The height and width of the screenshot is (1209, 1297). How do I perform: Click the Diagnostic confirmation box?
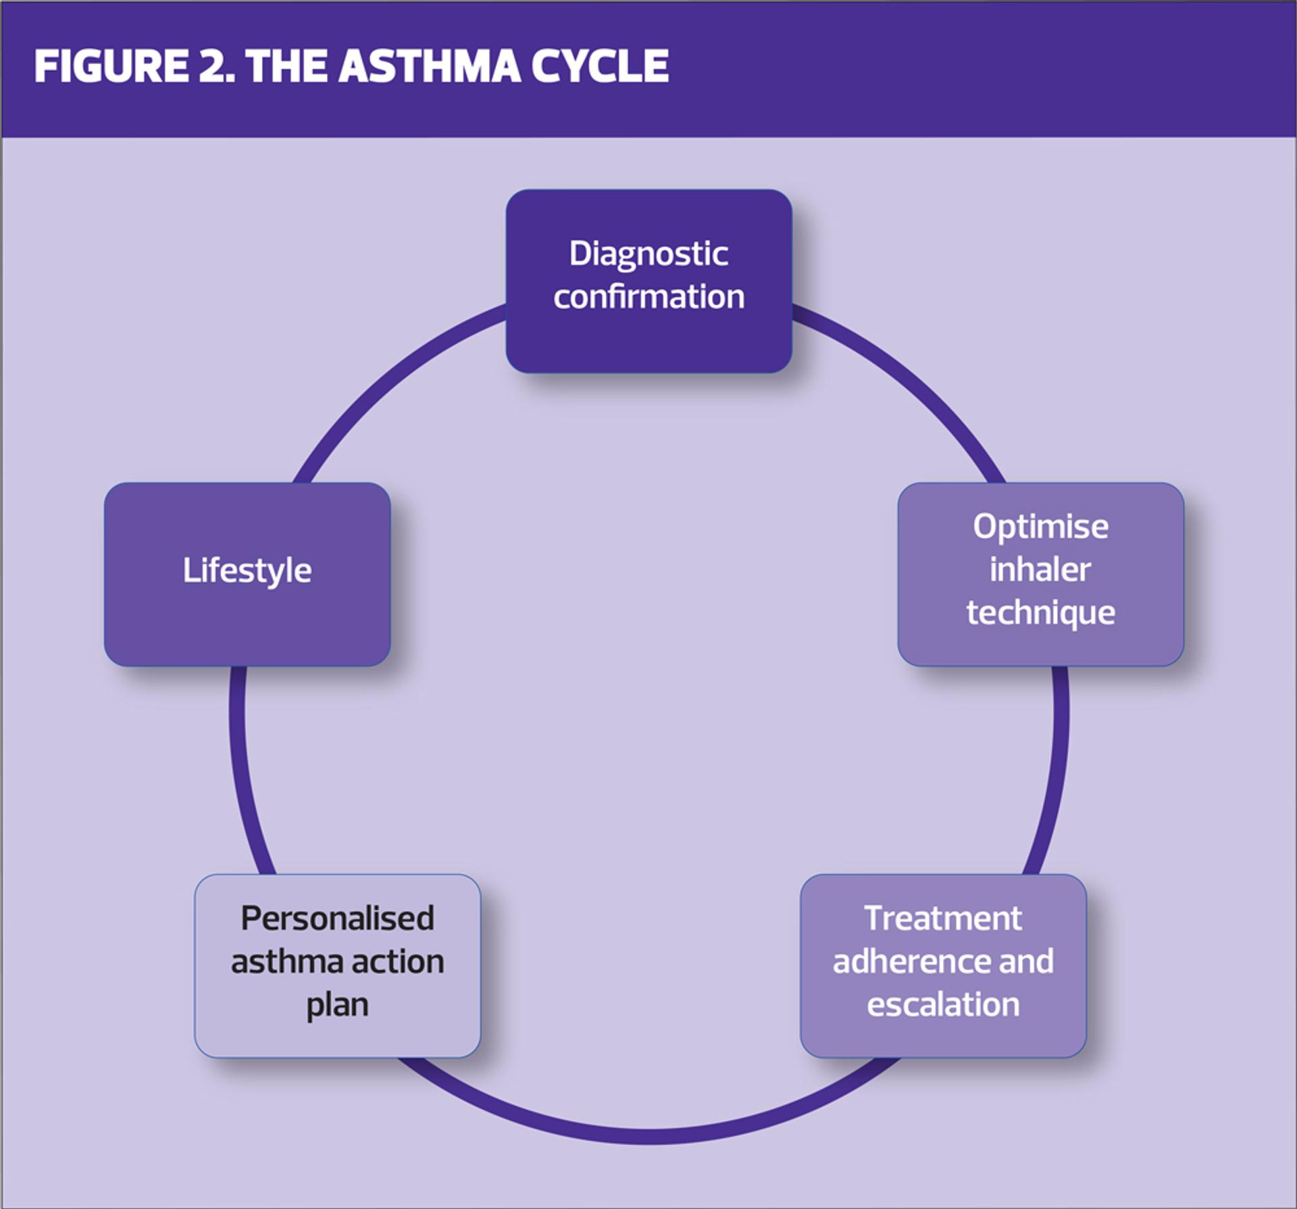point(648,281)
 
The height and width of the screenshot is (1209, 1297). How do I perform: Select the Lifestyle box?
point(247,574)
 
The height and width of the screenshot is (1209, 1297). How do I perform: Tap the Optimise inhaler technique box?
point(1040,574)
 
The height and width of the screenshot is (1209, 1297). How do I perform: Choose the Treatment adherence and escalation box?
point(943,965)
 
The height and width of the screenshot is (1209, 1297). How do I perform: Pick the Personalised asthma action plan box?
point(338,965)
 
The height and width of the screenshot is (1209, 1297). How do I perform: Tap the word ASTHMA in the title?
point(430,66)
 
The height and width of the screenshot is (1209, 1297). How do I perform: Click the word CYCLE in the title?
point(600,66)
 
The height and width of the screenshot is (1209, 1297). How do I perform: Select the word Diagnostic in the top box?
point(648,254)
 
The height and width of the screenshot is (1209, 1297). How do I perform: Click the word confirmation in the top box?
point(648,296)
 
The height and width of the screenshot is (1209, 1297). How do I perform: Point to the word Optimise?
point(1040,527)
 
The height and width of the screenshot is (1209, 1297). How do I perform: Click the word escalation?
point(943,1004)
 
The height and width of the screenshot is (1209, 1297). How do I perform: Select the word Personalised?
point(338,918)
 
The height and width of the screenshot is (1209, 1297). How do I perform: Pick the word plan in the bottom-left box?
point(338,1006)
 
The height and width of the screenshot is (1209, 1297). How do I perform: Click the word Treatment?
point(943,918)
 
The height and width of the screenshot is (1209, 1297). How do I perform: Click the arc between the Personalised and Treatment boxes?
point(648,1136)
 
